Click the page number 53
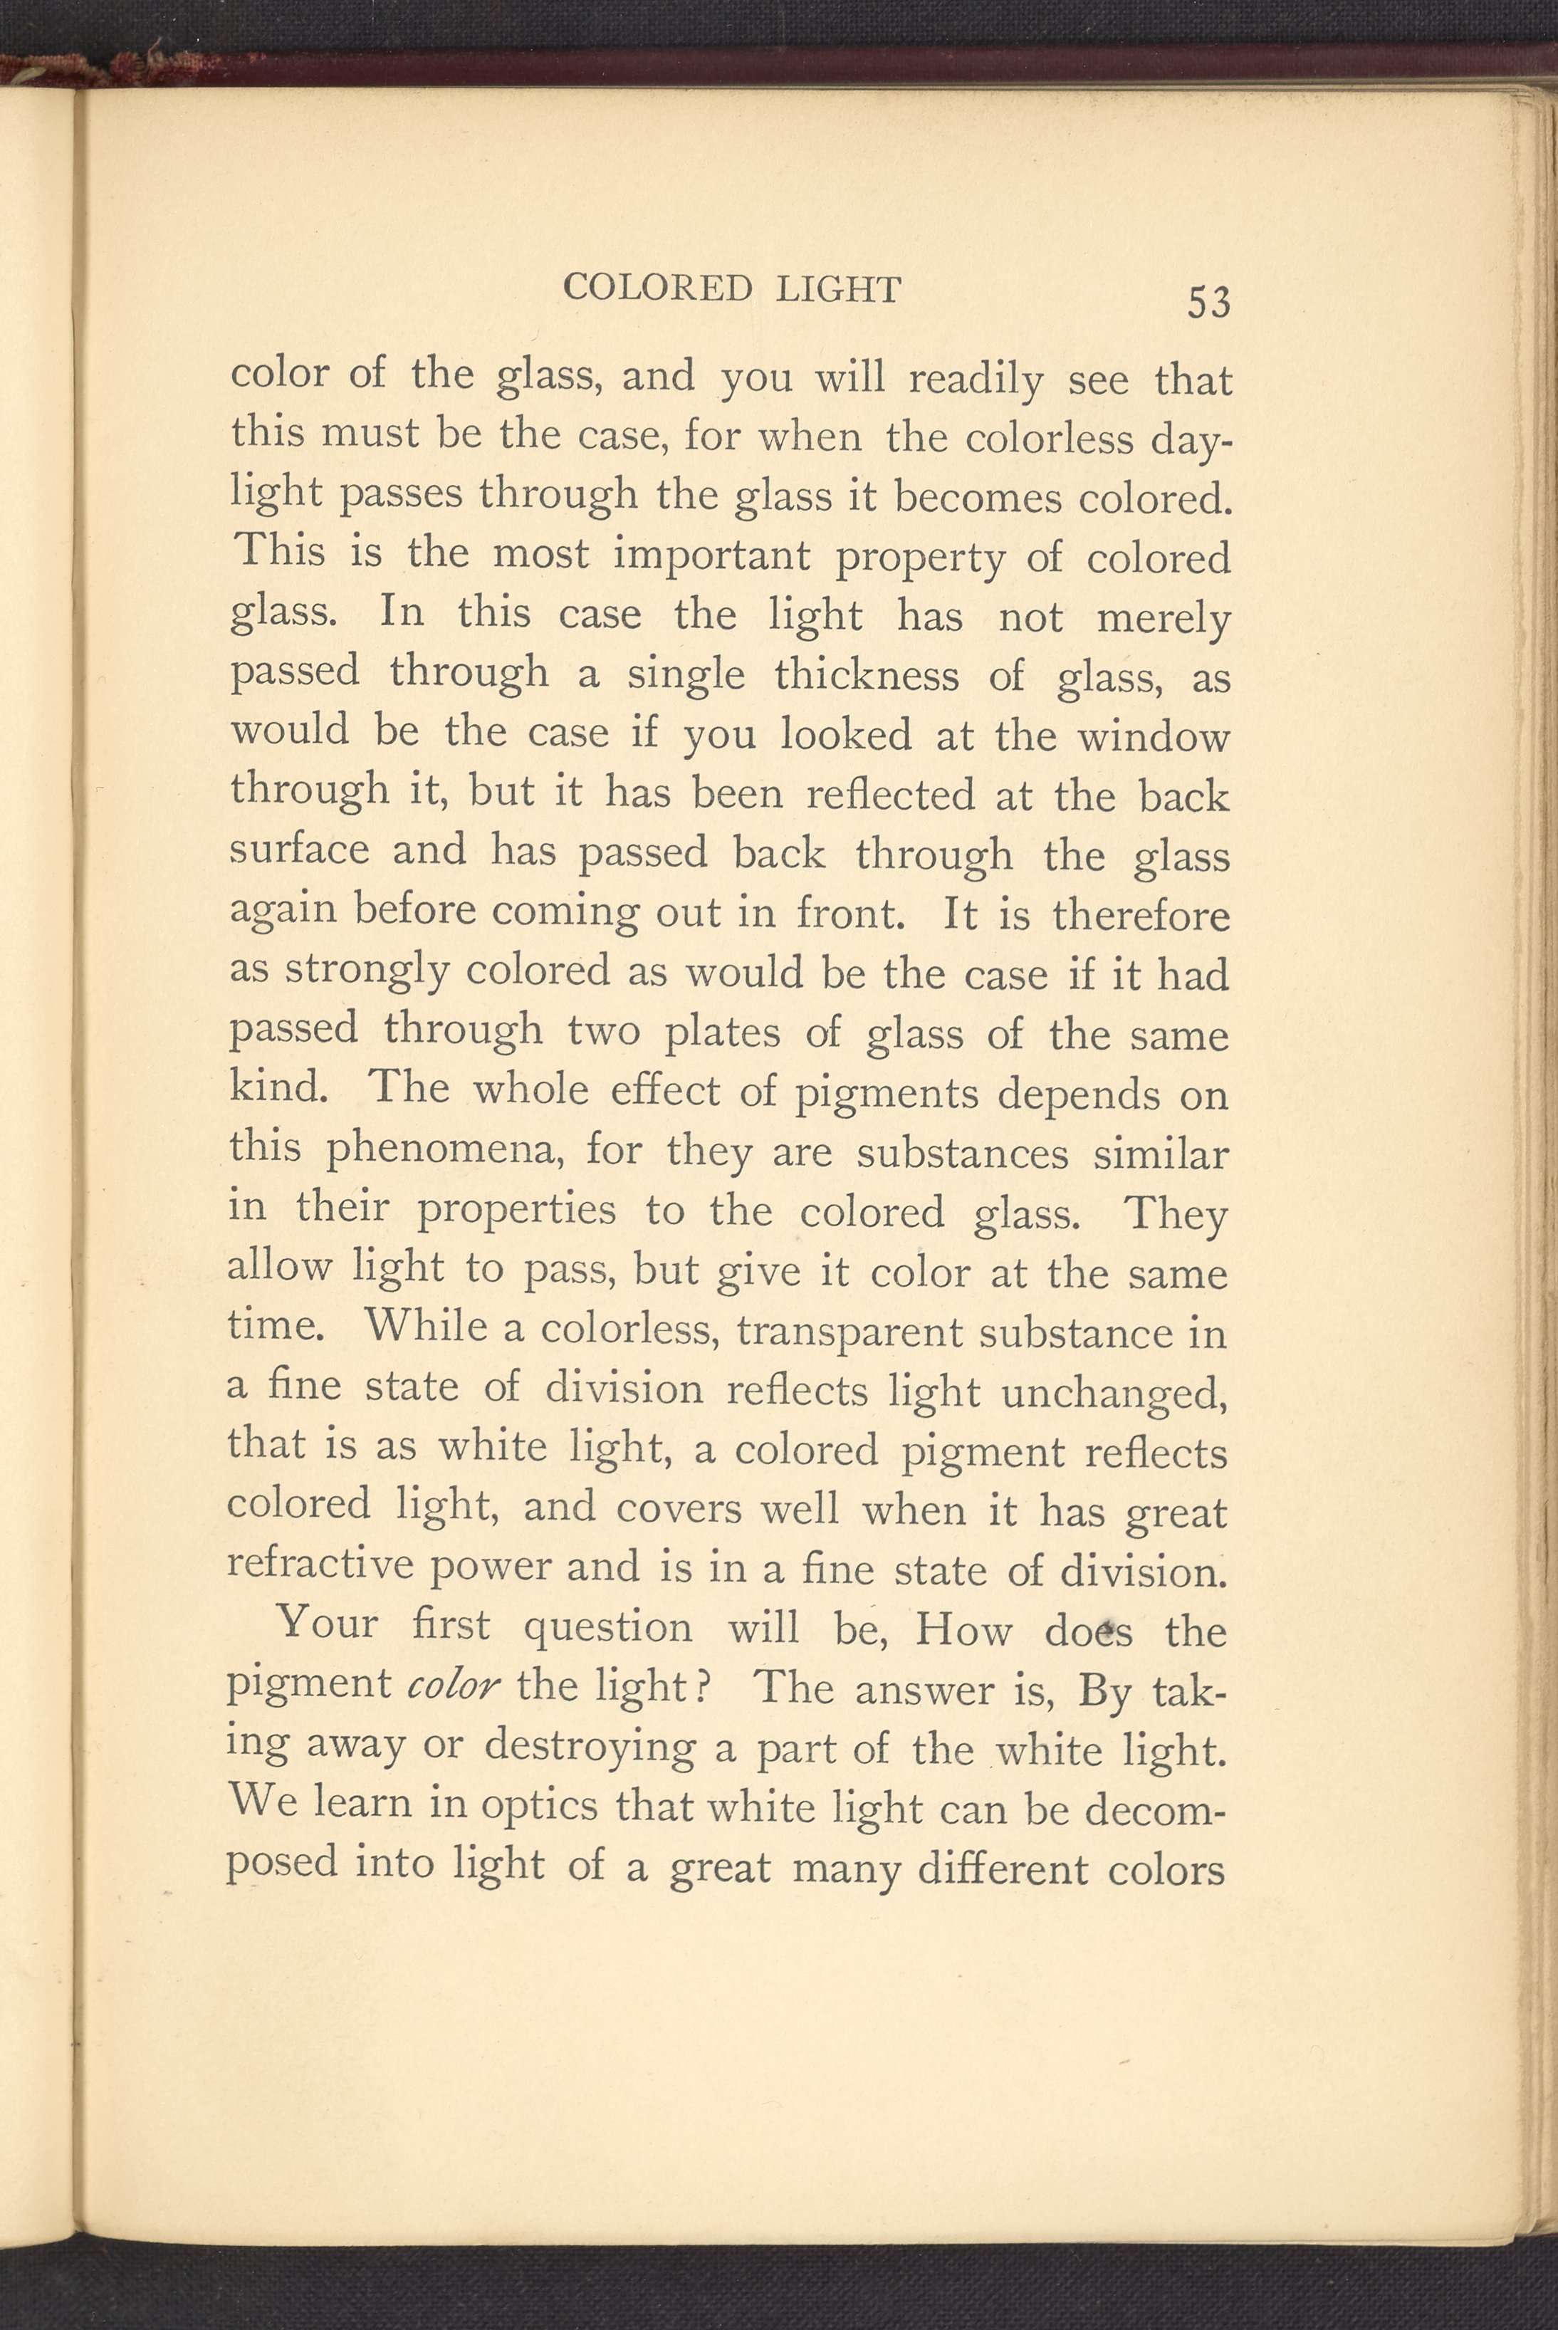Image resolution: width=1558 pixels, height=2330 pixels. (1208, 301)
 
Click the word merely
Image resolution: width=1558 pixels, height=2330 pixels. (1163, 619)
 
